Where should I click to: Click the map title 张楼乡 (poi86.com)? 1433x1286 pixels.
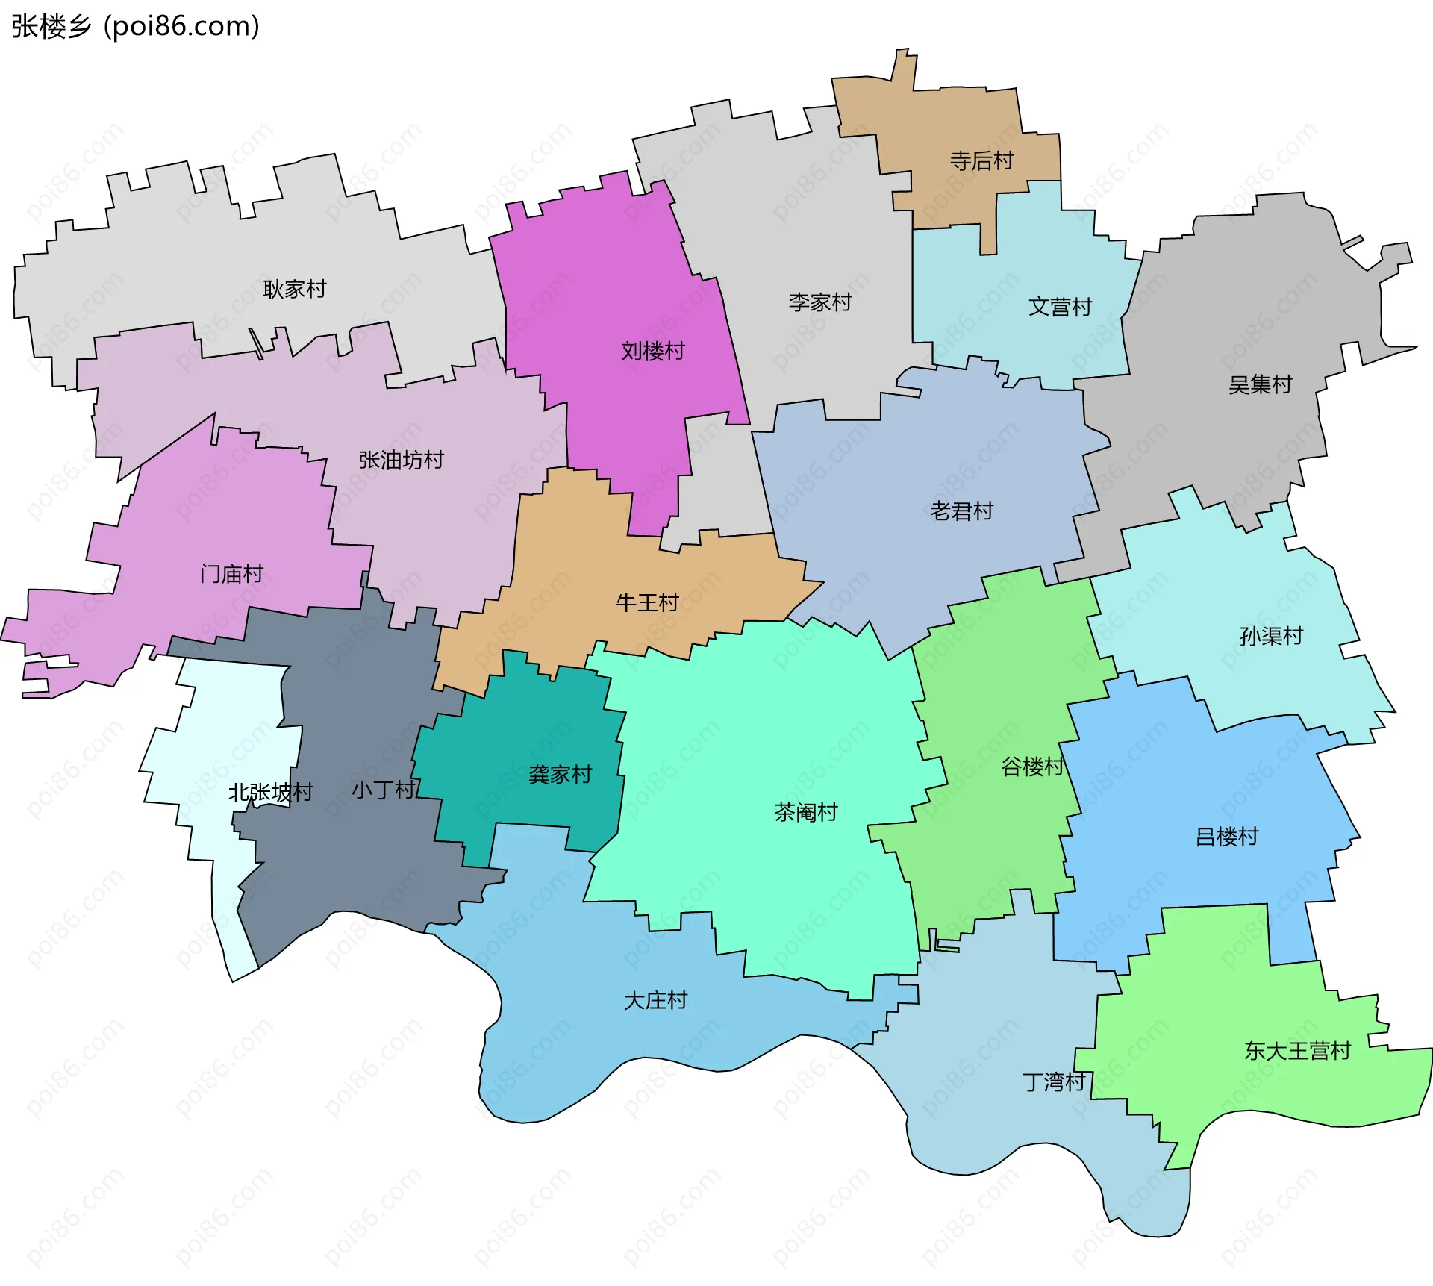[135, 26]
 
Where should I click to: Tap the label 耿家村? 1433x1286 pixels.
[295, 289]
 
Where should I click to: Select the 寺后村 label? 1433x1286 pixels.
[981, 160]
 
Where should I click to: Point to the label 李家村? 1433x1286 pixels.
[820, 302]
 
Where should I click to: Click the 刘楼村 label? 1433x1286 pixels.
[653, 351]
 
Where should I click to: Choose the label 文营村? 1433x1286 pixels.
[1060, 307]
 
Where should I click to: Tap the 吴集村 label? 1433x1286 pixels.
[1260, 384]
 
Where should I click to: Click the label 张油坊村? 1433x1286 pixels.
[402, 460]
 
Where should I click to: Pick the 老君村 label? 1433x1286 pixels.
[961, 511]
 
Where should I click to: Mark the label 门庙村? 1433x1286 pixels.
[232, 574]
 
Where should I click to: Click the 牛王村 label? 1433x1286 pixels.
[647, 602]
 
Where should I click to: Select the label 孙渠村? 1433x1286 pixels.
[1271, 636]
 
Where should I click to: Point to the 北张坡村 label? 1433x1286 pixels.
[270, 792]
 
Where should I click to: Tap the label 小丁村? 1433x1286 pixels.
[384, 790]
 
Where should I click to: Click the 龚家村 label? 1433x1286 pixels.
[560, 775]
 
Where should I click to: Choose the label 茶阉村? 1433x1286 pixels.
[806, 812]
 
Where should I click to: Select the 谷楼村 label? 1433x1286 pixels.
[1032, 767]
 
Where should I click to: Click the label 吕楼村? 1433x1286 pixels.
[1227, 837]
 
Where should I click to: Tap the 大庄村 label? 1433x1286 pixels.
[655, 1000]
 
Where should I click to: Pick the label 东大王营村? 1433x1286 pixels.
[1297, 1051]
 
